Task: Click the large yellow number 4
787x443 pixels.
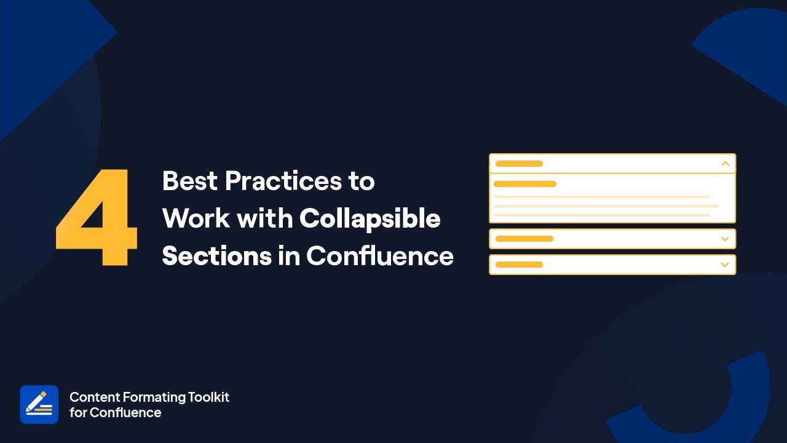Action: tap(97, 218)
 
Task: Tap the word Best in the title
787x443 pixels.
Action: tap(189, 181)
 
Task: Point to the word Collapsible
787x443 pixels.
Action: tap(370, 218)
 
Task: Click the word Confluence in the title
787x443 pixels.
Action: tap(380, 255)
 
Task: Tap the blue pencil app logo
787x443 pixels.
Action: tap(39, 404)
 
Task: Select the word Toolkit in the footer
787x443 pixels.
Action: tap(209, 397)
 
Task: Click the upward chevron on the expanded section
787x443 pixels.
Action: tap(725, 164)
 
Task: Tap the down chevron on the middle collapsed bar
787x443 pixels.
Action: tap(725, 239)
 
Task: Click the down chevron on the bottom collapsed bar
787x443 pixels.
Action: tap(725, 265)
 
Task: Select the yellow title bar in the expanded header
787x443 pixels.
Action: tap(519, 164)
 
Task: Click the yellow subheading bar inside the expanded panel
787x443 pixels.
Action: tap(525, 184)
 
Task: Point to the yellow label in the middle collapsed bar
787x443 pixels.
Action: tap(524, 239)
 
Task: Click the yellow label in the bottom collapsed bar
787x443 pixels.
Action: tap(519, 265)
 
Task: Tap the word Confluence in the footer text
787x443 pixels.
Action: tap(125, 413)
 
